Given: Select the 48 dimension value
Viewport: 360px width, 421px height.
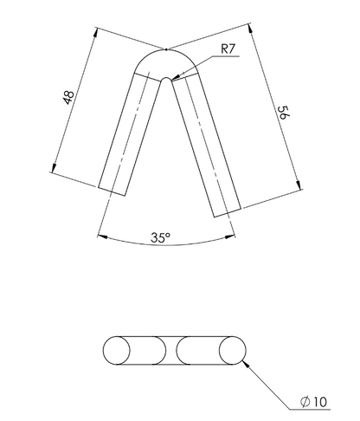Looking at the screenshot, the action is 68,98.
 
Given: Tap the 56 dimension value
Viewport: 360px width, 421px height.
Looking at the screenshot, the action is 283,113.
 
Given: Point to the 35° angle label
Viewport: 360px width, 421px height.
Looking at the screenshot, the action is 161,237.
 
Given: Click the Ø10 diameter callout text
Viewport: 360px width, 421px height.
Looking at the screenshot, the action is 313,402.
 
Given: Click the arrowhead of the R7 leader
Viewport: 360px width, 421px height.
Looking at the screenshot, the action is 176,76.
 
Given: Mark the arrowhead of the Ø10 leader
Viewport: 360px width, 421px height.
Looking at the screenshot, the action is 246,364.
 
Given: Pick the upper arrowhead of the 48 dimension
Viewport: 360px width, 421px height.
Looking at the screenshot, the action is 95,33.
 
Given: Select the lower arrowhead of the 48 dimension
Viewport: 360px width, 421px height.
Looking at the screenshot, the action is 54,167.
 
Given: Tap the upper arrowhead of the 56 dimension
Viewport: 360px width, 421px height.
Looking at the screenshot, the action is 250,29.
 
